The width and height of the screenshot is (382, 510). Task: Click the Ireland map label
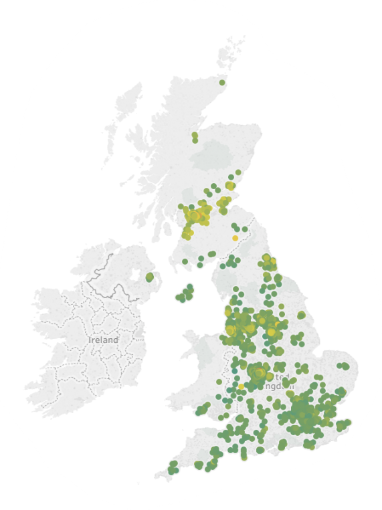pos(103,340)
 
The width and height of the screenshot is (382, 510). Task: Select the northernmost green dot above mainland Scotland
pos(223,82)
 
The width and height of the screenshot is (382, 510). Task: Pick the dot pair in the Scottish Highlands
pos(195,137)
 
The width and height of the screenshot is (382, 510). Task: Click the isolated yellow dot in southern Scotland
pos(235,238)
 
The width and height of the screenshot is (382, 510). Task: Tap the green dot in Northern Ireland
pos(149,276)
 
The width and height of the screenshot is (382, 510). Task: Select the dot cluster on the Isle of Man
pos(185,294)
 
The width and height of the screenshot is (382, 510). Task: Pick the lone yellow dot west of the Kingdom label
pos(241,386)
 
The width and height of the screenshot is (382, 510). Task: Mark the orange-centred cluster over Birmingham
pos(258,372)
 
